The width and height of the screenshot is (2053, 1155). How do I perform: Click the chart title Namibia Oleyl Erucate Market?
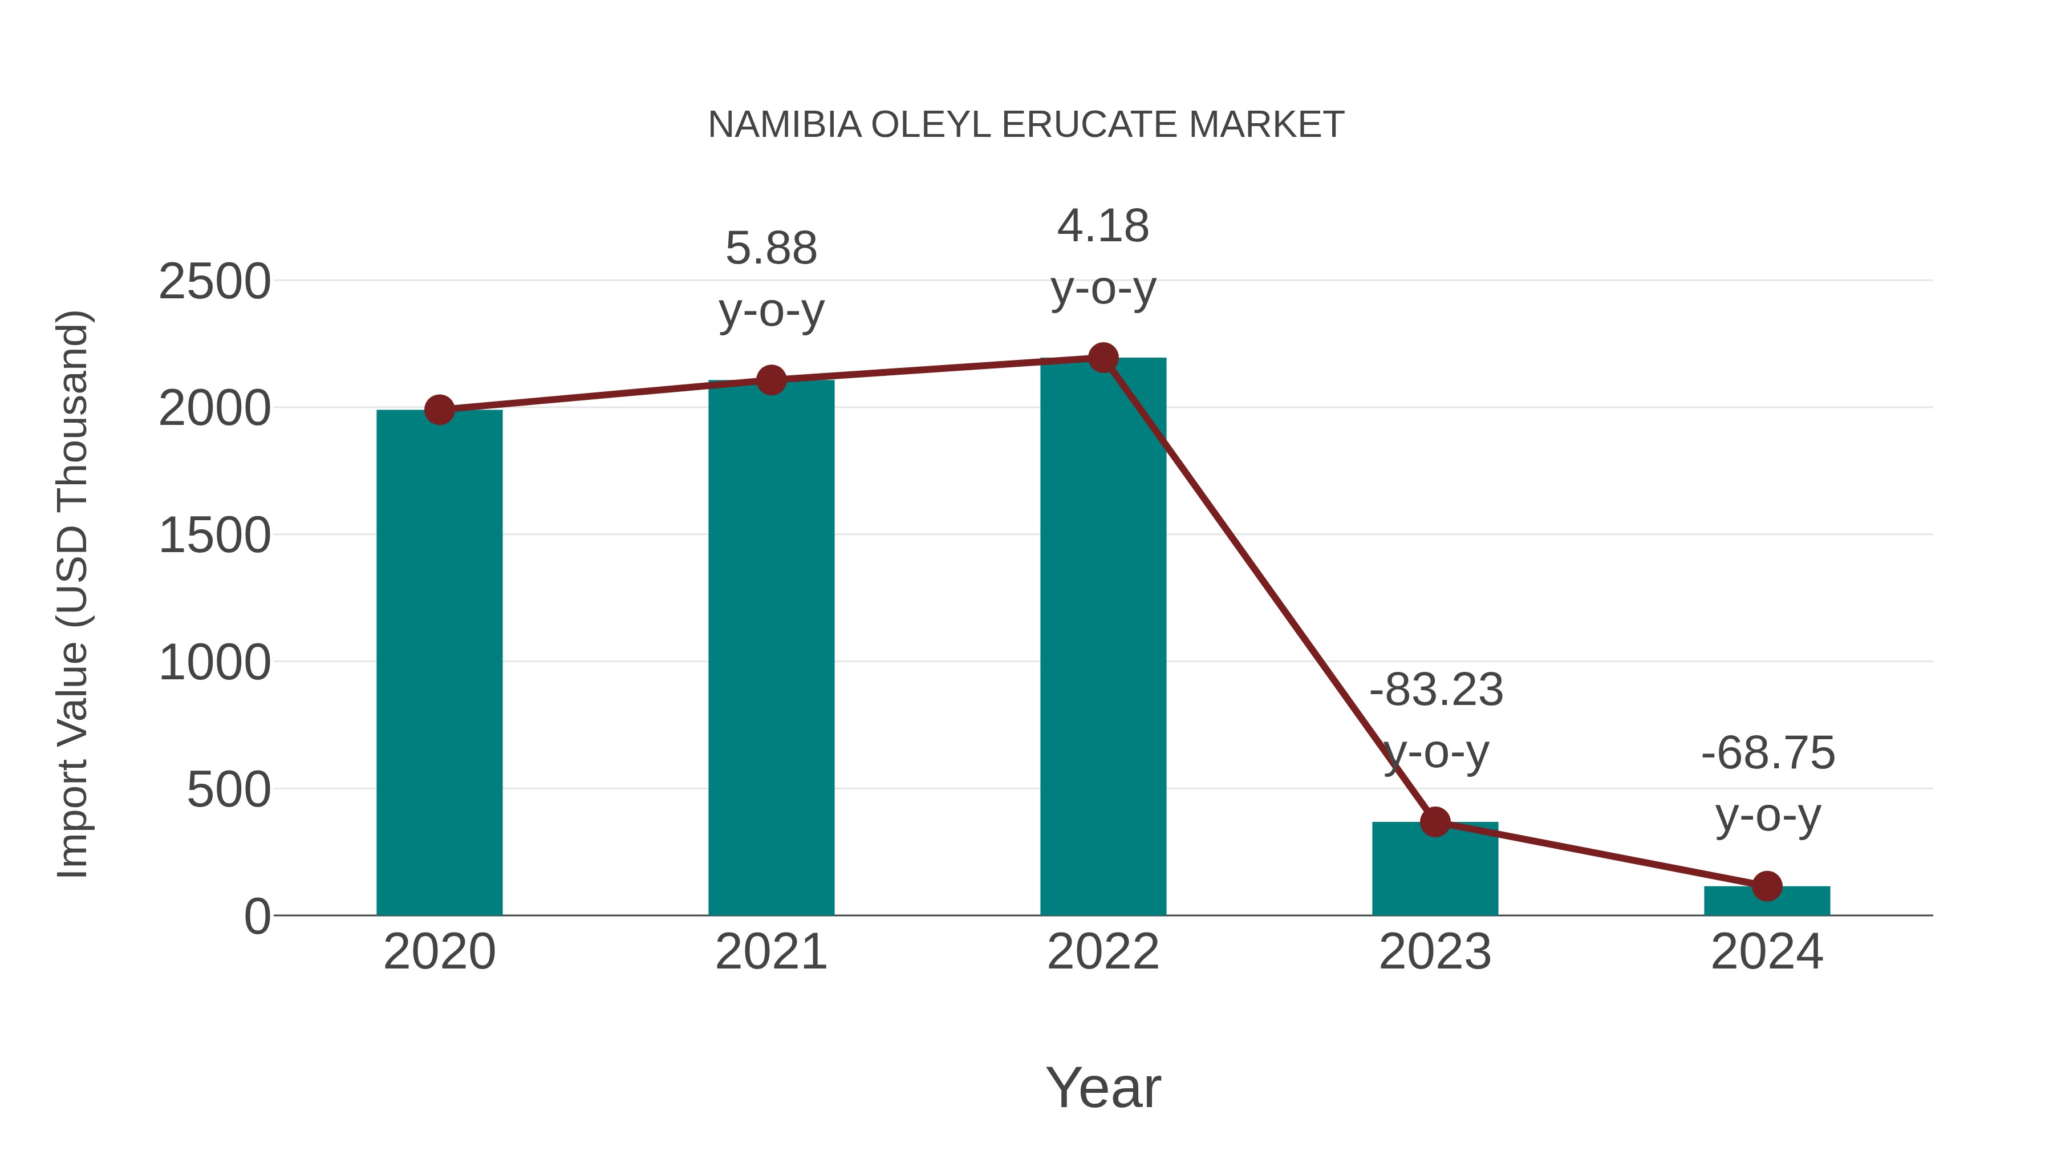1026,125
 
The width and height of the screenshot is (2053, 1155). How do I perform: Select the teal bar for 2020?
439,662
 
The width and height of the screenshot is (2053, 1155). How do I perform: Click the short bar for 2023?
1435,869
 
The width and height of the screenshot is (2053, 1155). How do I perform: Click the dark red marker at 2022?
1103,358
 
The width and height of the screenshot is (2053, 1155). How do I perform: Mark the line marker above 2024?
1767,886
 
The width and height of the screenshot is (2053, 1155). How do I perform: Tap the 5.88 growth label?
770,249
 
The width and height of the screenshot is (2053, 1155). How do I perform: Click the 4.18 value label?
1103,226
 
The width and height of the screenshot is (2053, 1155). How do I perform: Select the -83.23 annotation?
1436,690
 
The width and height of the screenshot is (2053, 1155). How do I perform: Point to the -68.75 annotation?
1768,753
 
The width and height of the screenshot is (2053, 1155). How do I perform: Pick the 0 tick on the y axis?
257,916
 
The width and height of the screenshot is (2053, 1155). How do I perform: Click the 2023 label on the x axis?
1435,952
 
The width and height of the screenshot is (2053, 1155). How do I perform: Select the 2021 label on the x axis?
770,952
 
